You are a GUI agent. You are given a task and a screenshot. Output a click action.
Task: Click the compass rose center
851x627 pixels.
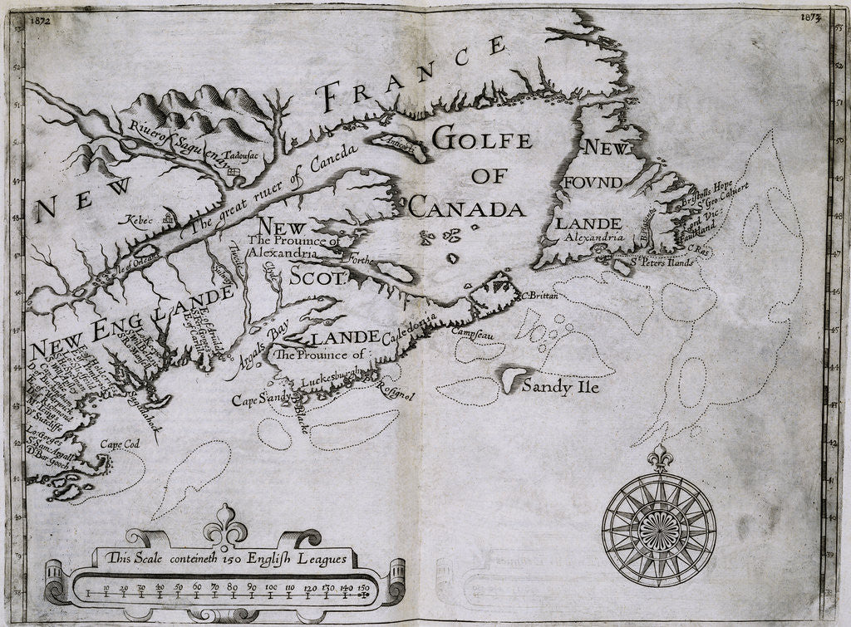[658, 528]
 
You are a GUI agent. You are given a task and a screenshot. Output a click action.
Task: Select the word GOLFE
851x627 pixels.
[482, 140]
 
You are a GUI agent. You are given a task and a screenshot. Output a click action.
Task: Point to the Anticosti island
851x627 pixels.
[397, 147]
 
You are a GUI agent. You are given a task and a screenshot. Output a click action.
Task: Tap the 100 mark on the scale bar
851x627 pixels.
[271, 589]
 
